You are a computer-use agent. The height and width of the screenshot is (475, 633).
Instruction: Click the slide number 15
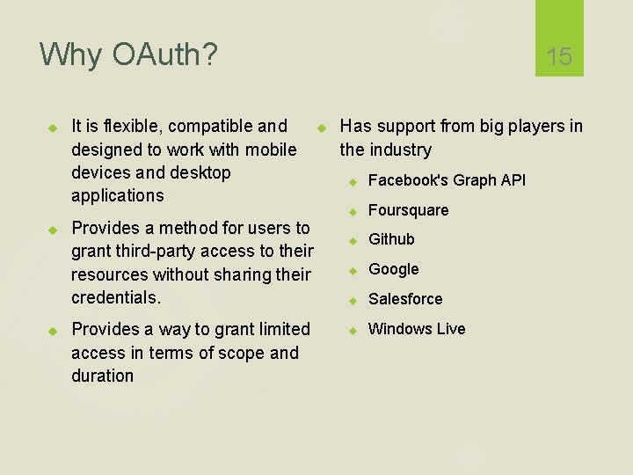coord(559,57)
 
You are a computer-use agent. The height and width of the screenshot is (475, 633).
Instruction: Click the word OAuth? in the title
coord(164,55)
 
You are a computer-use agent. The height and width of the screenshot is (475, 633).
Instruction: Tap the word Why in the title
coord(71,55)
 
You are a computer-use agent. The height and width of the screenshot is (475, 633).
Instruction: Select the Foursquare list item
coord(408,210)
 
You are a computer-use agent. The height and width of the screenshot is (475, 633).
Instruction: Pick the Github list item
coord(391,239)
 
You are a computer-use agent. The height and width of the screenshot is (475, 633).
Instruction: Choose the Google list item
coord(393,269)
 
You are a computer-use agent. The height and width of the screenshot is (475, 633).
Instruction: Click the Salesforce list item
coord(404,299)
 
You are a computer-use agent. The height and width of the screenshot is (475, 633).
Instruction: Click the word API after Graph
coord(513,180)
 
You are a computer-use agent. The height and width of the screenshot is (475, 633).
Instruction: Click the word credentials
coord(115,297)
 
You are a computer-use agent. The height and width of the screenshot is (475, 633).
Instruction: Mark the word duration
coord(102,376)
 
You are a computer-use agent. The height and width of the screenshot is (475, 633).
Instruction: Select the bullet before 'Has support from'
coord(321,128)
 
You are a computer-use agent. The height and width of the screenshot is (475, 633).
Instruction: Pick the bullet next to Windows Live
coord(351,330)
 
